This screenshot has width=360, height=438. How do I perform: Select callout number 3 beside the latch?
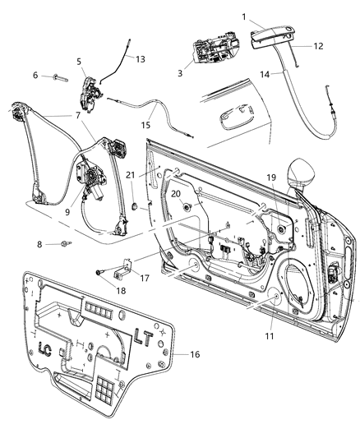[180, 73]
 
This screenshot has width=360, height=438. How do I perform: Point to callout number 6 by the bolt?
[35, 75]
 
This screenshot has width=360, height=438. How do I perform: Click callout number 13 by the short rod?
[141, 59]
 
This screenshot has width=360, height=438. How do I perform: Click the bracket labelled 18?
[122, 265]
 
